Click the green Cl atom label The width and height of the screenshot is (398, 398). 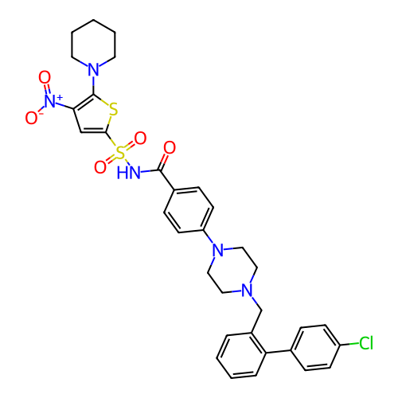point(366,343)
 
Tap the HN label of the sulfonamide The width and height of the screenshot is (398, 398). point(128,173)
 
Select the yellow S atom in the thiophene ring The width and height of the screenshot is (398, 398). point(113,109)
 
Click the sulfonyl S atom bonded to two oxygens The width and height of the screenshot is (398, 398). point(120,153)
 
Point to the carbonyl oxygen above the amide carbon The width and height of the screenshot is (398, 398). point(170,148)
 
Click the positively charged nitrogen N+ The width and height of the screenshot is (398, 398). point(53,101)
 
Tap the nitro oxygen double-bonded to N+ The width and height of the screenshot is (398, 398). point(45,77)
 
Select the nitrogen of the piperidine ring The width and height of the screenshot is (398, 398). point(93,69)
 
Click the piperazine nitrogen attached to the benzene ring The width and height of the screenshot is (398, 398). point(218,250)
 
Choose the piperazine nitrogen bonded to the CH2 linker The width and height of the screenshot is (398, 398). point(247,291)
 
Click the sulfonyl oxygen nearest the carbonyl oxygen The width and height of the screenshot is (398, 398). point(140,139)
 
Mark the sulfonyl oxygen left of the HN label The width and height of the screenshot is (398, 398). point(100,167)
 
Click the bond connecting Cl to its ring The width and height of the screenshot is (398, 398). point(349,344)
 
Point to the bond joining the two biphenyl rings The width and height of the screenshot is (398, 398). point(278,352)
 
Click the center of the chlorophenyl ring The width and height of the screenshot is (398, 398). point(315,347)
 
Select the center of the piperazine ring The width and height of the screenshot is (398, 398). point(232,270)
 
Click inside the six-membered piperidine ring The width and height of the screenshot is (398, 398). point(93,45)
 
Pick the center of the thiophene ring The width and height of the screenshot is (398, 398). point(93,115)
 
